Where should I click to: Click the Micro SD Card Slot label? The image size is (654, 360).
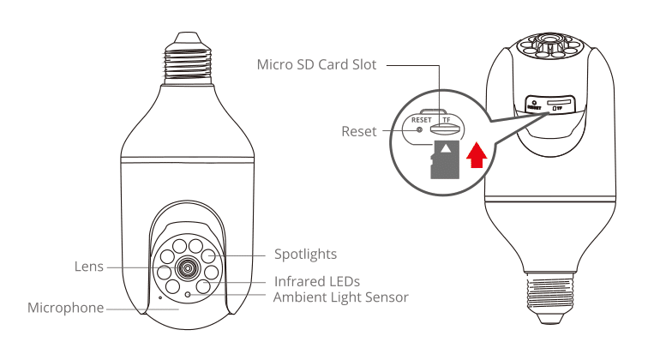317,65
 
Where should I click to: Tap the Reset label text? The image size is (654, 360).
359,132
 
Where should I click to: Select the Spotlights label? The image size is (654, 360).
305,255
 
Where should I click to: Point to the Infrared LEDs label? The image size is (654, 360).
316,281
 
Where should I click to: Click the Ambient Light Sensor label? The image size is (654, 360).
340,297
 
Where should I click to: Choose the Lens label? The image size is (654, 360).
88,267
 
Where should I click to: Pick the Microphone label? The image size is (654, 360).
66,307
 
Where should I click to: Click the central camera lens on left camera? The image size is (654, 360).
186,268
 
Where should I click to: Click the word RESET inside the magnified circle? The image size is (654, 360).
422,121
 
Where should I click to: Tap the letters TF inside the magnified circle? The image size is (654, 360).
446,121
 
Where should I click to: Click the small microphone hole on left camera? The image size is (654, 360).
159,298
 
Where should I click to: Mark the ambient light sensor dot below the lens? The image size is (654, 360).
188,294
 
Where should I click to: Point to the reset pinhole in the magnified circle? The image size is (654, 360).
419,130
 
